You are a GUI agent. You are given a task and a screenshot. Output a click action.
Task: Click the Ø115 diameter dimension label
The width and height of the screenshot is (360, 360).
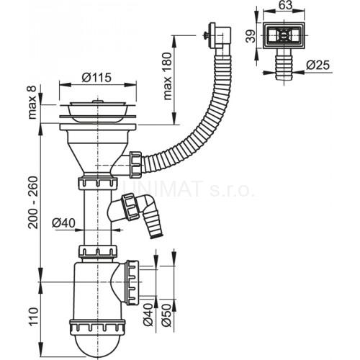coord(96,78)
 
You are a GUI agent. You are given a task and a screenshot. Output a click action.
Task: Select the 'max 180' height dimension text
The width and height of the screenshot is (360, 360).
coord(168,76)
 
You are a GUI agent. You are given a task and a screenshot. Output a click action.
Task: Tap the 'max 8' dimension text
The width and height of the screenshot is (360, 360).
coord(32,102)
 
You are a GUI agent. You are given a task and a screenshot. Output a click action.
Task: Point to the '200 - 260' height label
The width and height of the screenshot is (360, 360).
coord(33,202)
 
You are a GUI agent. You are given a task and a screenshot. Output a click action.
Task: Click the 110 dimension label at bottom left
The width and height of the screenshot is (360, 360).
coord(33,316)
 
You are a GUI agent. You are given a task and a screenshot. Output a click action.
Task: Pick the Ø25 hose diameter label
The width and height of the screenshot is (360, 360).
coord(318,65)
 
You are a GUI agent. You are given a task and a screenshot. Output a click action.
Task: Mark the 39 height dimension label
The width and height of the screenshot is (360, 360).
coord(251,36)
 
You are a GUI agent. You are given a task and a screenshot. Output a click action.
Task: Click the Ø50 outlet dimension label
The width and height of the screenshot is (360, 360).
coord(166,315)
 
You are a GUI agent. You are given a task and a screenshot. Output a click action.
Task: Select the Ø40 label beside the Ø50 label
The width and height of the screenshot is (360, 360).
coord(148,315)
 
